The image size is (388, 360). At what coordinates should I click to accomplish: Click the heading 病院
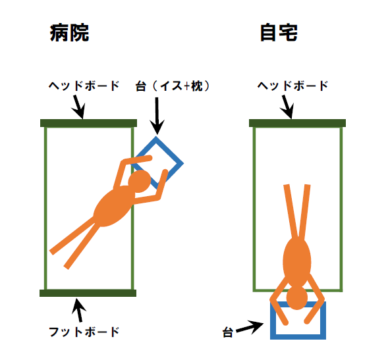pos(70,33)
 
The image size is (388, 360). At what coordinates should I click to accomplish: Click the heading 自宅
pos(279,33)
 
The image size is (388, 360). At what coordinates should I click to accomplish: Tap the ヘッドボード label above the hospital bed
pos(84,86)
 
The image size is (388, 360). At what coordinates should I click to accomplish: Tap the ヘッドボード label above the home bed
pos(292,86)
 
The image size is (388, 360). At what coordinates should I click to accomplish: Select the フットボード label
pos(84,332)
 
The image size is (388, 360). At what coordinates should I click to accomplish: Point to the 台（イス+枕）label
pos(173,86)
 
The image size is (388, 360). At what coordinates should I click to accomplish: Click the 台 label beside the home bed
pos(228,332)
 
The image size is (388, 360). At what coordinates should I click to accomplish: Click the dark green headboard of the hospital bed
pos(88,123)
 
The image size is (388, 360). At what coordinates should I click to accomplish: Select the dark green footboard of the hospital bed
pos(88,293)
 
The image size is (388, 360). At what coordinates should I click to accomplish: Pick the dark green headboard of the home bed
pos(297,123)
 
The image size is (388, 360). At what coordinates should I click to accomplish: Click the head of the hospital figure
pos(139,181)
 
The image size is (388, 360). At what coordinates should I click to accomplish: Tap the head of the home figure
pos(297,297)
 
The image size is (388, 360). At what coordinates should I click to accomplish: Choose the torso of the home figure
pos(297,262)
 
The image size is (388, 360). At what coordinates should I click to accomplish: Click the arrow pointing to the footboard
pos(79,310)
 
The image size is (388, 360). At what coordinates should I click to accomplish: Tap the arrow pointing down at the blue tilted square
pos(157,116)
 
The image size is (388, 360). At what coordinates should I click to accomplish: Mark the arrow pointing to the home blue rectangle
pos(250,327)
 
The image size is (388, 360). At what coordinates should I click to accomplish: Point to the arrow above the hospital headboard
pos(78,107)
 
